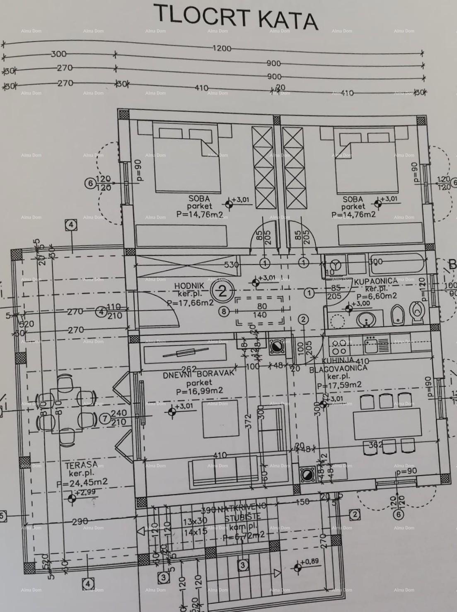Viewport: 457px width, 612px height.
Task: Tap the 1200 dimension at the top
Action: point(222,48)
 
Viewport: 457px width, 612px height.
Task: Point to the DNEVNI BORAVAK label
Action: point(198,373)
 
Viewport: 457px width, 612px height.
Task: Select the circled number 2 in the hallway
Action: point(222,292)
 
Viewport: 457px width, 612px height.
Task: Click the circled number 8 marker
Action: point(224,311)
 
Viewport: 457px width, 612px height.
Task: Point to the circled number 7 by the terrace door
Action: point(105,419)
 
